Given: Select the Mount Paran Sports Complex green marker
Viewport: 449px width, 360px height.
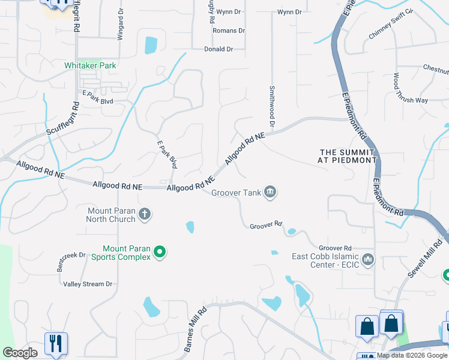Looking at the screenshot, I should pyautogui.click(x=160, y=252).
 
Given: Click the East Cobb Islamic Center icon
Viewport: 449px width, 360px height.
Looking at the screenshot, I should pyautogui.click(x=367, y=259).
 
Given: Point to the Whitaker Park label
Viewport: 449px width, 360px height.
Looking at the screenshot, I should pyautogui.click(x=91, y=65).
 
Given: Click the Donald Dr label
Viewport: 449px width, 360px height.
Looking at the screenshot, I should pyautogui.click(x=218, y=49).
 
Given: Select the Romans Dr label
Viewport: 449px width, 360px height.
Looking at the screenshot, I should pyautogui.click(x=229, y=31).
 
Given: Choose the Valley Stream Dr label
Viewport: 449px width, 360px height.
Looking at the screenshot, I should pyautogui.click(x=88, y=284).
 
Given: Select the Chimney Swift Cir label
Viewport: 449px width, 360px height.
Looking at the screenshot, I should pyautogui.click(x=391, y=32).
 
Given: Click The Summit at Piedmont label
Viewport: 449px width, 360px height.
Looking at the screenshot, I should pyautogui.click(x=348, y=156).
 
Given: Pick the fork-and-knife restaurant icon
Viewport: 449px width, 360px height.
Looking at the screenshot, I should pyautogui.click(x=56, y=344).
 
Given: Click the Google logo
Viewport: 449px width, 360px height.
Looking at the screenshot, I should pyautogui.click(x=20, y=353).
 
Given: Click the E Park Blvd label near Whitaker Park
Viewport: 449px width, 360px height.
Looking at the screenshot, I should pyautogui.click(x=98, y=101).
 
